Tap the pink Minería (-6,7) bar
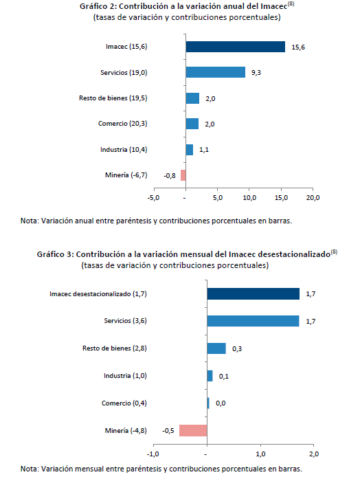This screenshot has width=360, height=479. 183,175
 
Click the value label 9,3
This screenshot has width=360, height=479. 256,73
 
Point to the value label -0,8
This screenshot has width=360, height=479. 170,176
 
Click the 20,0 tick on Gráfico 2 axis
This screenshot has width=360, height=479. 313,198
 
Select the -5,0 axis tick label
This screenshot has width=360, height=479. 153,198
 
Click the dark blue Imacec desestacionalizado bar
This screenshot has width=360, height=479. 253,294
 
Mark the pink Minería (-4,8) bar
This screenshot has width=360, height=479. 193,430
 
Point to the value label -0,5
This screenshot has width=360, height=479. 168,431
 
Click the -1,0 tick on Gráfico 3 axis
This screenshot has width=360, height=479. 153,454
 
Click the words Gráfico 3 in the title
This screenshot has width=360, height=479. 54,254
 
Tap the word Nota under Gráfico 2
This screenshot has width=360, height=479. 30,221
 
